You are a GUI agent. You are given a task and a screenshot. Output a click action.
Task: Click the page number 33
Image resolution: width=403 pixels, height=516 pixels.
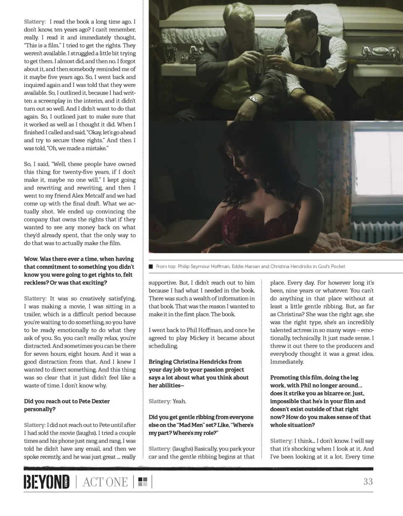click(x=368, y=482)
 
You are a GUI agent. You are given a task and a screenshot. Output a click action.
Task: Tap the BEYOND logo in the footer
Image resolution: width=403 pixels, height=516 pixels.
click(x=47, y=482)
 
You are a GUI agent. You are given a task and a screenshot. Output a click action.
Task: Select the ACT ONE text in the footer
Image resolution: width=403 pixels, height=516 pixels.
click(x=105, y=482)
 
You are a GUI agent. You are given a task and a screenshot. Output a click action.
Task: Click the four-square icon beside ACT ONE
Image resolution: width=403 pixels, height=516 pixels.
click(x=143, y=482)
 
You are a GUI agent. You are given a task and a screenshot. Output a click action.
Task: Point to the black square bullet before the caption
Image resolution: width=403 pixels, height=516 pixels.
click(x=151, y=266)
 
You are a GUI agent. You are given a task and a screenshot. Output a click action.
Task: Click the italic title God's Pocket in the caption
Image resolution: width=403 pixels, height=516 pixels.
click(x=332, y=266)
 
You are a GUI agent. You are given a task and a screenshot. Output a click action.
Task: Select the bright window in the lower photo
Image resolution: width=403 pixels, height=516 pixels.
click(x=378, y=164)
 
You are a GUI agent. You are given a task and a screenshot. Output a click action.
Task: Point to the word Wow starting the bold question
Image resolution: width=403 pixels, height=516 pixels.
click(x=31, y=259)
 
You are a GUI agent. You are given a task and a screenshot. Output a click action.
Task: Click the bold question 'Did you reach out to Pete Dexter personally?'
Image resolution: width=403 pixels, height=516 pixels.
click(x=67, y=405)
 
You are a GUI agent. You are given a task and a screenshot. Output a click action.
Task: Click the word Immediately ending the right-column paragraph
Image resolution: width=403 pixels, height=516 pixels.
click(x=287, y=362)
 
